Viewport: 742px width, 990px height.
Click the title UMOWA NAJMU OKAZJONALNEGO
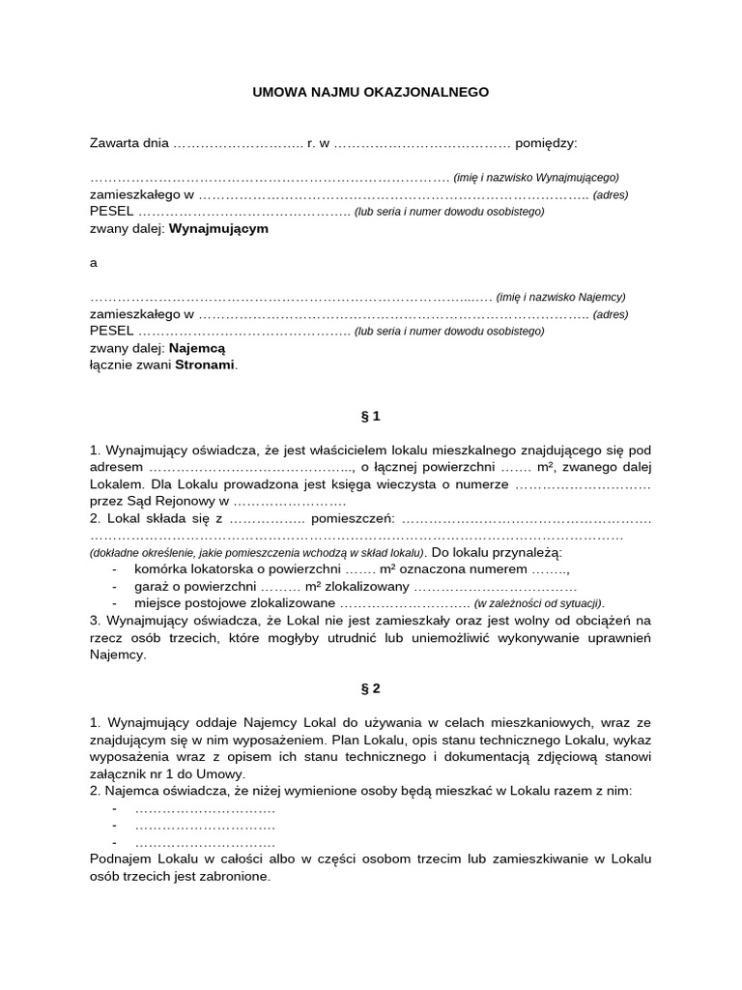[x=371, y=92]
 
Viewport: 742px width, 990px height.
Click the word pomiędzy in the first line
[x=546, y=143]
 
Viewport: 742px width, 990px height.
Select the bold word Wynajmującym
[x=218, y=229]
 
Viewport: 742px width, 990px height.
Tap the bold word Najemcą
[x=196, y=348]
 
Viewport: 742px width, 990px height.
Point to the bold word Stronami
[x=205, y=365]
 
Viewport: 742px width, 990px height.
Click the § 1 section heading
[x=371, y=417]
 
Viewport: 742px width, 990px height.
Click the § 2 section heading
[x=371, y=689]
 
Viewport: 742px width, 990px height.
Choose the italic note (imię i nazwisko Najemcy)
[x=561, y=297]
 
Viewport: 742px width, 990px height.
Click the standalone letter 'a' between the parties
[x=94, y=263]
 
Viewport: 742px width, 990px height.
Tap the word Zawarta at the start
[x=115, y=143]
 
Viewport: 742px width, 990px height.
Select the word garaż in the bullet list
[x=152, y=587]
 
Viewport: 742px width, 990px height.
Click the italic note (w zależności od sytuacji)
[x=539, y=604]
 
